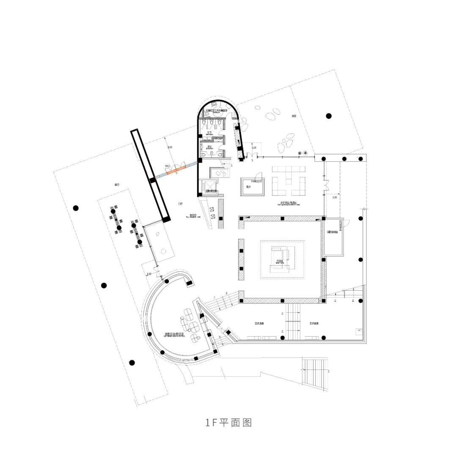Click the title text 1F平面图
228,423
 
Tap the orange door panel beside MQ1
176,171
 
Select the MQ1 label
168,166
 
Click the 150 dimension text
170,147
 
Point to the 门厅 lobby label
181,204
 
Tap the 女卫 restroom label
209,133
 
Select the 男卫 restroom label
209,147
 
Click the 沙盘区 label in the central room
279,262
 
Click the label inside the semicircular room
176,334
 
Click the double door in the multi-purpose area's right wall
325,186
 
